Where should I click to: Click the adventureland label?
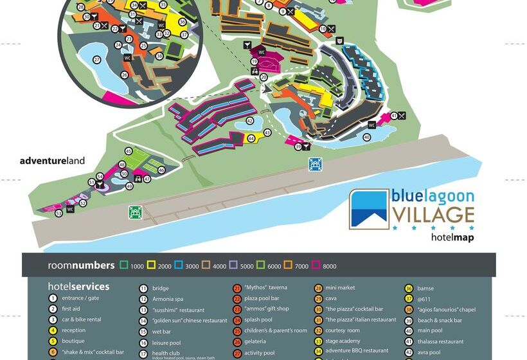click(52, 161)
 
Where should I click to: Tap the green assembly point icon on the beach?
click(134, 212)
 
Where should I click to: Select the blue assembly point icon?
click(315, 164)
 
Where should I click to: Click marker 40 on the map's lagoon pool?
click(367, 137)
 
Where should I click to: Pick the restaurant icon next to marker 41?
click(402, 116)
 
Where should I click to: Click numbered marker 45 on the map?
click(129, 151)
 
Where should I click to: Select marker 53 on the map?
click(58, 213)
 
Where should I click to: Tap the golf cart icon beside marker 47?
click(137, 178)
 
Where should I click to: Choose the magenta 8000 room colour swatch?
click(315, 265)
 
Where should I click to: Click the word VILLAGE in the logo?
click(434, 215)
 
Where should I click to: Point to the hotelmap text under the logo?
click(452, 237)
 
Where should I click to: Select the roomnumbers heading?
click(74, 265)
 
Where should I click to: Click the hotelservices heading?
click(78, 287)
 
